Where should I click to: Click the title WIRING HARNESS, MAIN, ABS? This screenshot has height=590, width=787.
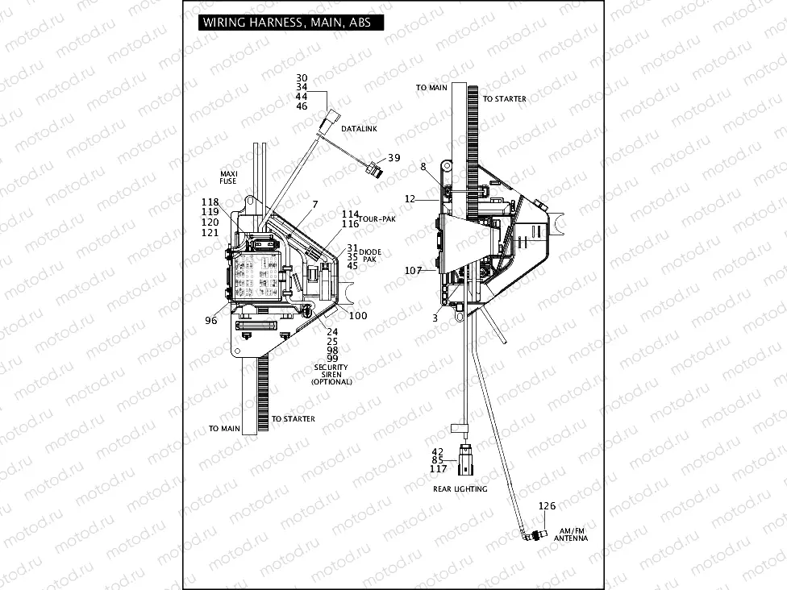(286, 23)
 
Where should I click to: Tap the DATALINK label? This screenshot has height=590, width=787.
(357, 129)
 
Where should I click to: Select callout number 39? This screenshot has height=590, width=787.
(393, 158)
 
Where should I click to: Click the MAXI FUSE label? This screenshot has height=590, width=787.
(228, 177)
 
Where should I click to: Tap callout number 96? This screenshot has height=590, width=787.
(211, 320)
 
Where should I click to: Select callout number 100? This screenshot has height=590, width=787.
(357, 315)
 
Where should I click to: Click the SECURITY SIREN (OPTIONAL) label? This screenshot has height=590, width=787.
(332, 374)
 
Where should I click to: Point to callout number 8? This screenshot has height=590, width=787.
(423, 167)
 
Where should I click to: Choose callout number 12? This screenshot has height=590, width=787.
(410, 198)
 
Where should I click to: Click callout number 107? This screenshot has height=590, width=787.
(414, 271)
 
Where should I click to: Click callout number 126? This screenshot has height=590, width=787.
(548, 506)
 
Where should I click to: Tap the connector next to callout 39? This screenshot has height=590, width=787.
(373, 169)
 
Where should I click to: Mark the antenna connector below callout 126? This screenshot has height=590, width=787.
(531, 535)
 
